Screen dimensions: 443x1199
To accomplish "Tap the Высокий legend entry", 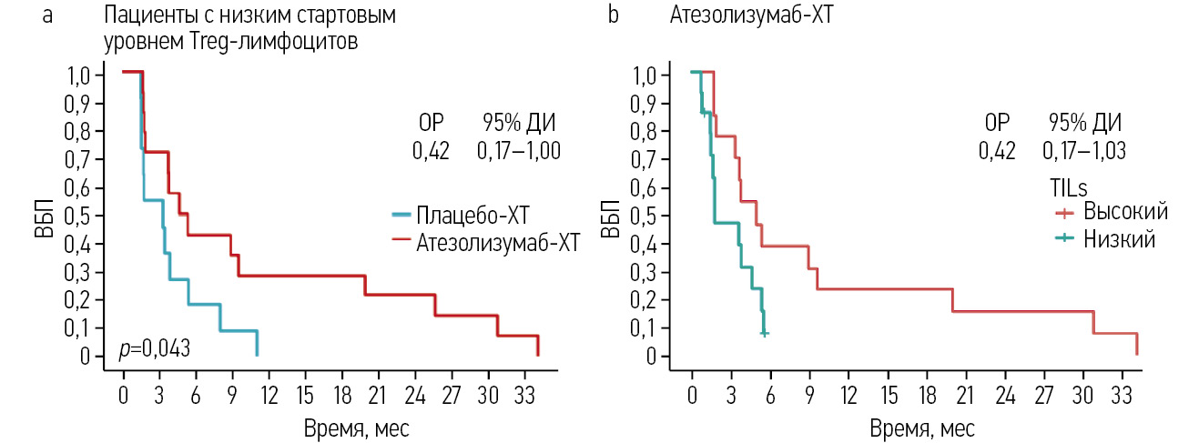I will (x=1125, y=212).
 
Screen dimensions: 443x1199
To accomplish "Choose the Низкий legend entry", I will (x=1119, y=240).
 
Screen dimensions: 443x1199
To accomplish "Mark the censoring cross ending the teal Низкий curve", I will (x=765, y=334).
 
